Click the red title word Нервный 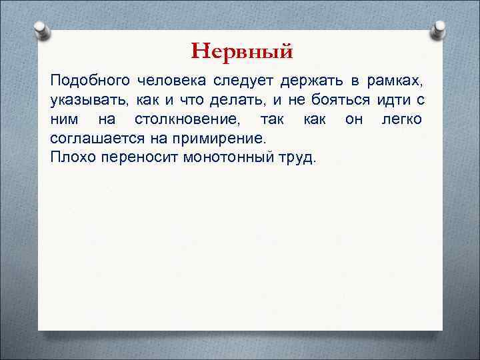point(241,51)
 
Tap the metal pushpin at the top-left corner point(42,30)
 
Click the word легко point(401,120)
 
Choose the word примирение point(226,139)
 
